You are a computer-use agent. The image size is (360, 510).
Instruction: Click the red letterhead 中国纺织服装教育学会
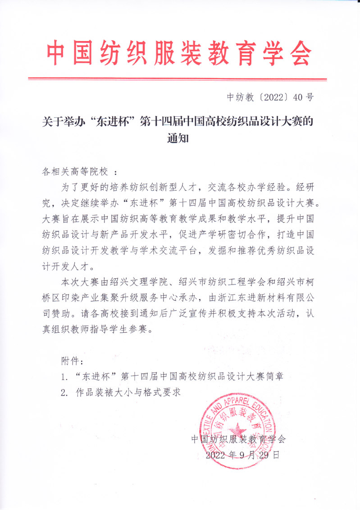(179, 53)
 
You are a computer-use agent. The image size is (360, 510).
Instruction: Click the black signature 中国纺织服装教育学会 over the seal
(238, 438)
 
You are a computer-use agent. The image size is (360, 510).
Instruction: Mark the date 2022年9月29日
(243, 455)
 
